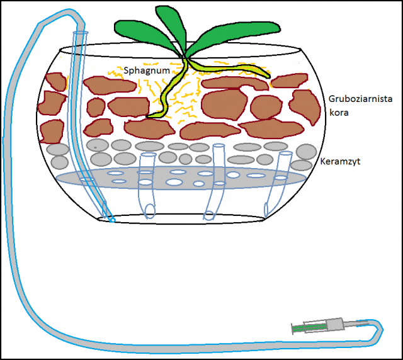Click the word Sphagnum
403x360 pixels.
[x=147, y=71]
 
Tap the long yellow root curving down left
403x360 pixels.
[x=167, y=94]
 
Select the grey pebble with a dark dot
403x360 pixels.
[x=96, y=145]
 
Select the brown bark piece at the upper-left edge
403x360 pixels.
[x=55, y=81]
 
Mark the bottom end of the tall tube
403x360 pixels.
[x=111, y=220]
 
